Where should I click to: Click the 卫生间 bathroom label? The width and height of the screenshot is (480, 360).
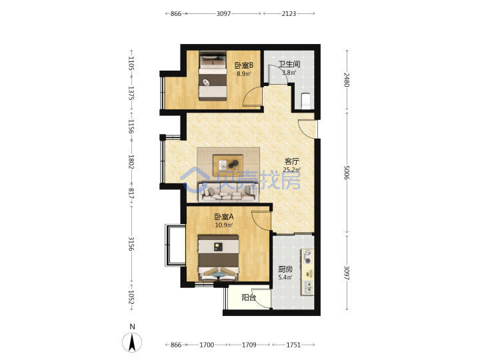(289, 64)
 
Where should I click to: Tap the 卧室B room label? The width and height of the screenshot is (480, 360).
(244, 65)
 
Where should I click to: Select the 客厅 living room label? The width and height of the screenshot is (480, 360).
(292, 161)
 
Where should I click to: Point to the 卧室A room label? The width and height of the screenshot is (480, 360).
(224, 217)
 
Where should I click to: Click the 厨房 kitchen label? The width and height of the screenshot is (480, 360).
(285, 269)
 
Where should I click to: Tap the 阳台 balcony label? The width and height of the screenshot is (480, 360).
(249, 297)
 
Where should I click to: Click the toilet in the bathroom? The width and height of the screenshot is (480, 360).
(306, 101)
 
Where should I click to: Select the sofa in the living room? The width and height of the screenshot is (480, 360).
(229, 193)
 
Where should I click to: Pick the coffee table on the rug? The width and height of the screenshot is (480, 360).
(228, 165)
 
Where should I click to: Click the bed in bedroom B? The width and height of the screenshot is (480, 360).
(213, 75)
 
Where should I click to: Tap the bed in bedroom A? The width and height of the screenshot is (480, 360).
(218, 258)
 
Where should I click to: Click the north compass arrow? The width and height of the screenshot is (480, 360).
(132, 342)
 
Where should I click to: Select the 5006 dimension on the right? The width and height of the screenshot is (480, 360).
(347, 173)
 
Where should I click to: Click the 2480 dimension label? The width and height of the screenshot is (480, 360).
(347, 79)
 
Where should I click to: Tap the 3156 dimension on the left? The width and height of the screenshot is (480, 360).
(131, 244)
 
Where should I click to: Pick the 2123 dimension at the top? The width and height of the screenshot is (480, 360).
(289, 13)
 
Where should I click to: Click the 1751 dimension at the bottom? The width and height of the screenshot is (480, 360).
(293, 345)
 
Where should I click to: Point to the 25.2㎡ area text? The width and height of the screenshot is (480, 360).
(292, 169)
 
